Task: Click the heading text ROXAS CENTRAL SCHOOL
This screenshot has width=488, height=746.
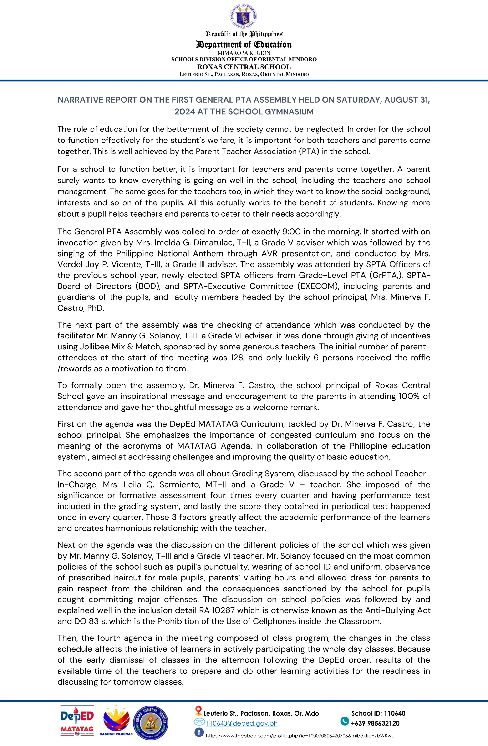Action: click(x=244, y=67)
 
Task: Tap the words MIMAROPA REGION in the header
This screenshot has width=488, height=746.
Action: click(x=244, y=53)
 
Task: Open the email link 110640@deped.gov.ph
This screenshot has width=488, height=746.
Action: click(x=241, y=723)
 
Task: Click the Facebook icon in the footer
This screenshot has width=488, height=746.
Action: click(x=199, y=732)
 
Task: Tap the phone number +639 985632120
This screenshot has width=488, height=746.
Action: click(x=375, y=723)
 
